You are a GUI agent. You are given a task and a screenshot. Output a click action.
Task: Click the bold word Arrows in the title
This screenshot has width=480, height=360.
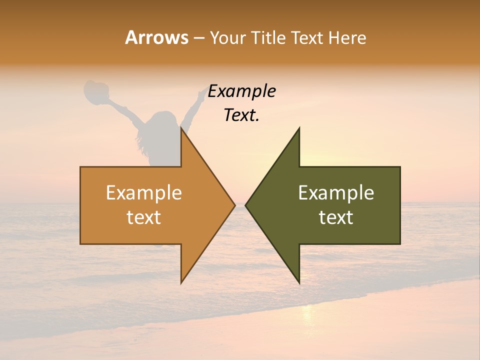(156, 37)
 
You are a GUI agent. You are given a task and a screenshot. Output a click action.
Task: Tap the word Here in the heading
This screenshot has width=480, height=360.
(347, 37)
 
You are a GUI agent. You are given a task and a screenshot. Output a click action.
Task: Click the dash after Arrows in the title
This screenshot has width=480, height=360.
(198, 38)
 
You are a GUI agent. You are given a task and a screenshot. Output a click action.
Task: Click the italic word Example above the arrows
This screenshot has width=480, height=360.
(241, 91)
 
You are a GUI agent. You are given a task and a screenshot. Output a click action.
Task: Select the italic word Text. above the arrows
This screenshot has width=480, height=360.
(241, 115)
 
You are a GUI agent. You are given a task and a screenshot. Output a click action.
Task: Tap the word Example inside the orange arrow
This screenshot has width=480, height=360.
(144, 193)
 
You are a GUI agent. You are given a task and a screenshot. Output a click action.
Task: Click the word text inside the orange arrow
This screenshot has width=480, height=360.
(144, 217)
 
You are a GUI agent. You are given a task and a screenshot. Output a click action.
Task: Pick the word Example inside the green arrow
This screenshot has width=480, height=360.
(336, 193)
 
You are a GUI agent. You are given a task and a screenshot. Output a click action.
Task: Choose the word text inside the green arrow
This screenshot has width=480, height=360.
(336, 217)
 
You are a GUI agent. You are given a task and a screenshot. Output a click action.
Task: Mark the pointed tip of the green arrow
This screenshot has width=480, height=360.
(246, 205)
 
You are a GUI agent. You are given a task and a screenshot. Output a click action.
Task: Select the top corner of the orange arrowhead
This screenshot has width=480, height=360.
(181, 128)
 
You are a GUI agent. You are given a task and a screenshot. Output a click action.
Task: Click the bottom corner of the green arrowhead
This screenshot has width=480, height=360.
(299, 282)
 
